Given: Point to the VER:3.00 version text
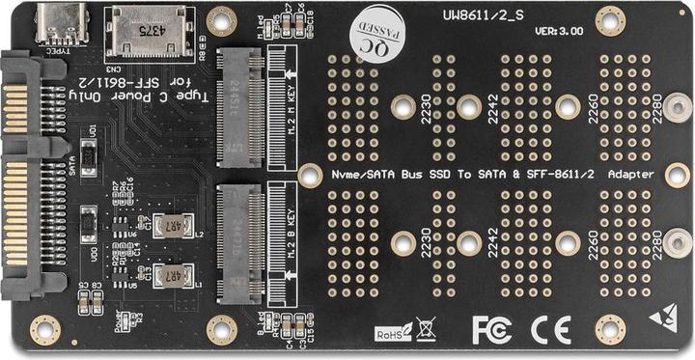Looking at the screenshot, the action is coord(559,32).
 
